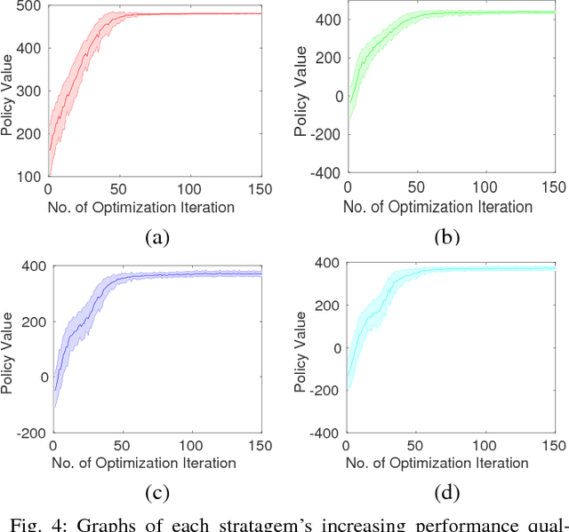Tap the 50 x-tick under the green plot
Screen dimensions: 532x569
click(415, 190)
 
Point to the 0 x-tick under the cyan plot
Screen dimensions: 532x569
click(346, 446)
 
